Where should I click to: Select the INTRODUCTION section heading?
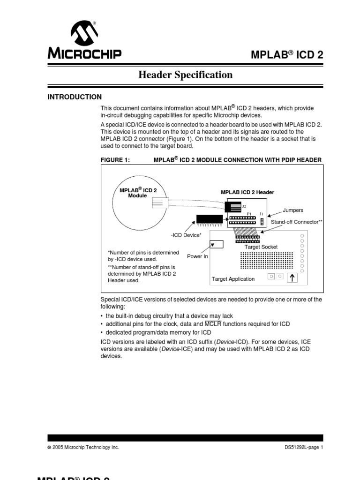75,97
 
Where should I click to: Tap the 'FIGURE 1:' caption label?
115,160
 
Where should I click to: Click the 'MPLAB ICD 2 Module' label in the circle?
138,192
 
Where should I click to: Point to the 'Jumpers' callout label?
293,210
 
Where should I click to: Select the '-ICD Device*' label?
186,235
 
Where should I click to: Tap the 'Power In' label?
197,256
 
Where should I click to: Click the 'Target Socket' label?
262,247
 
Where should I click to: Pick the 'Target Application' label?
233,279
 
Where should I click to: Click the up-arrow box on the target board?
292,277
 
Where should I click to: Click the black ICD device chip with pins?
209,219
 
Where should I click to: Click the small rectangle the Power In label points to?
217,244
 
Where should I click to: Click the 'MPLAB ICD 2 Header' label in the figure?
247,192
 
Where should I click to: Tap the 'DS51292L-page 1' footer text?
304,447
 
